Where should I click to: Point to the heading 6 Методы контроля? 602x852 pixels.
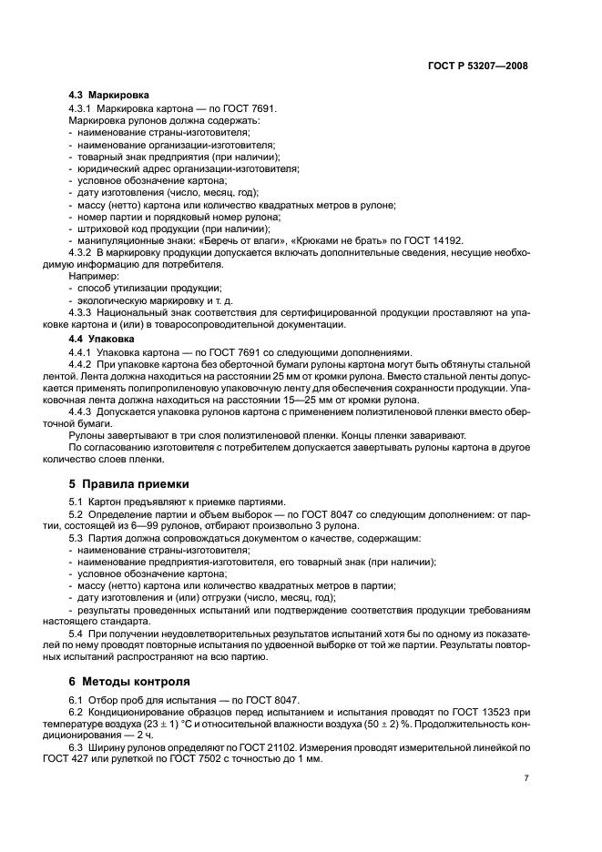[x=129, y=680]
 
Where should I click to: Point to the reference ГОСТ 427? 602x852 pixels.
[x=91, y=758]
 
